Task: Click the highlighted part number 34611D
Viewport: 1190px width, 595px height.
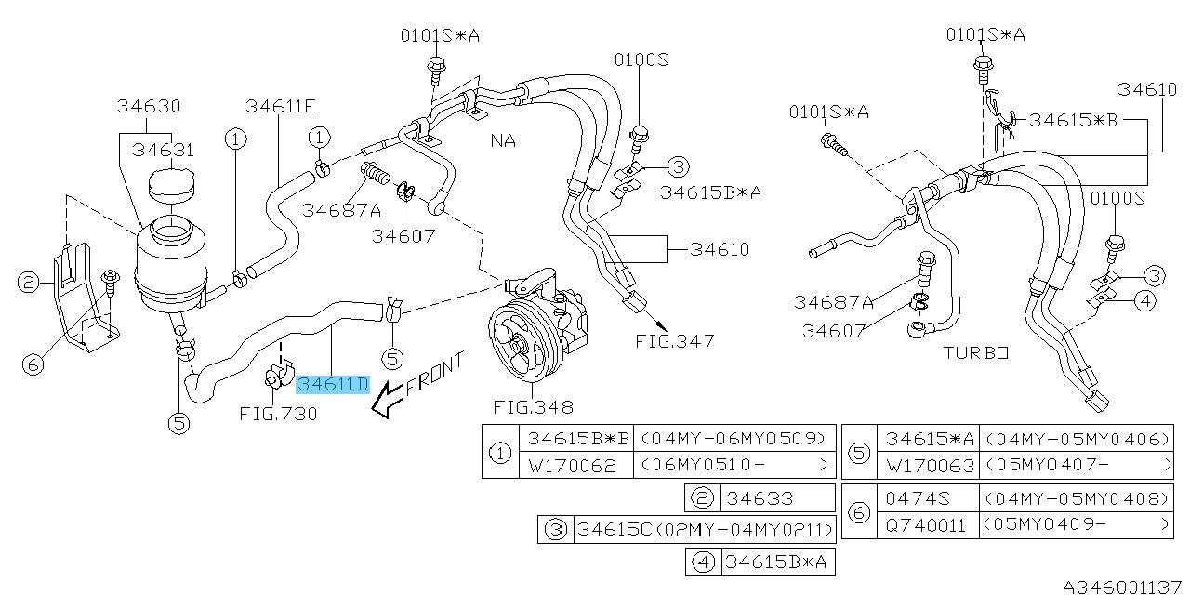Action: tap(333, 383)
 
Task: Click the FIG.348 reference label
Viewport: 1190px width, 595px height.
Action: tap(534, 407)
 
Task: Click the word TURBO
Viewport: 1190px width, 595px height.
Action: tap(975, 353)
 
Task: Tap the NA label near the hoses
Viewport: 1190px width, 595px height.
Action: tap(503, 141)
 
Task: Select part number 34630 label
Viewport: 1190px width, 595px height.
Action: tap(149, 106)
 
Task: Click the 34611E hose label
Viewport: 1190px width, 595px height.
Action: tap(281, 106)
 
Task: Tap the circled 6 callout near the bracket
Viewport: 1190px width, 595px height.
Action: tap(33, 364)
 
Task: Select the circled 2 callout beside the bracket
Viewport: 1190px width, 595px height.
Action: tap(29, 282)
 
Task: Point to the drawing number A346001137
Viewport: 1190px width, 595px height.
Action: tap(1123, 586)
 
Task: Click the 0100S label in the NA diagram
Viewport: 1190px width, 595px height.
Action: tap(641, 60)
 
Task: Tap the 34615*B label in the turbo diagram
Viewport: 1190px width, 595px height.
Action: tap(1073, 120)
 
